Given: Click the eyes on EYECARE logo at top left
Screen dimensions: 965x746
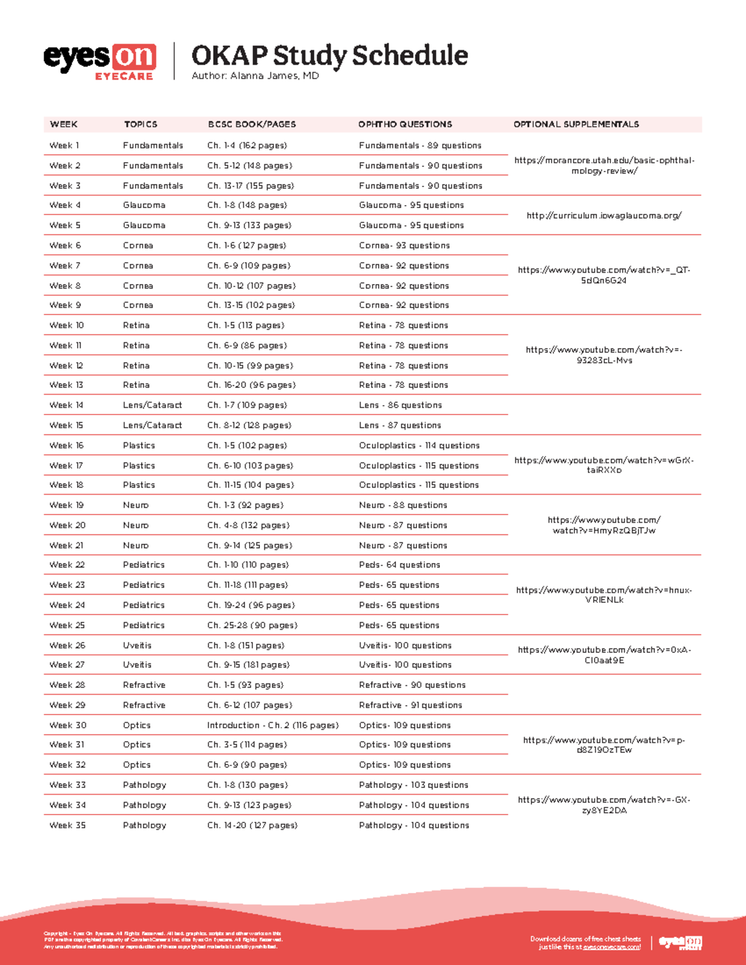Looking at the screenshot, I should click(x=99, y=61).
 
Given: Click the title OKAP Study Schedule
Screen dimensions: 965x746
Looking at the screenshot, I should click(x=329, y=55).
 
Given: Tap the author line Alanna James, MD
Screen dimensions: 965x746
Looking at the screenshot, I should click(x=255, y=76).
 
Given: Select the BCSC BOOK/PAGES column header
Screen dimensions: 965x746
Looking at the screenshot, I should click(x=252, y=124).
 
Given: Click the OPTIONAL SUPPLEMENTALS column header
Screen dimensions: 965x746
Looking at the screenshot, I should click(x=576, y=124).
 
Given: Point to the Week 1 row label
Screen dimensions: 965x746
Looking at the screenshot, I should click(x=64, y=145).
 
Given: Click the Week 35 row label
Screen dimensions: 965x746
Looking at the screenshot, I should click(x=67, y=825).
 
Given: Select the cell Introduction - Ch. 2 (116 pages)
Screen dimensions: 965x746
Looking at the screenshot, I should click(x=272, y=725).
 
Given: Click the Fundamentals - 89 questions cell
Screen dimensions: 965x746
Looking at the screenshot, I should click(x=420, y=145).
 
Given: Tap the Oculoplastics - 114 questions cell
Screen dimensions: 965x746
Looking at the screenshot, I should click(x=419, y=446).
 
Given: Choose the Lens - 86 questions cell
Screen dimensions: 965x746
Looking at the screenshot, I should click(x=400, y=405).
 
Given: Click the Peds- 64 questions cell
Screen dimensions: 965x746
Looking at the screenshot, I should click(x=399, y=565).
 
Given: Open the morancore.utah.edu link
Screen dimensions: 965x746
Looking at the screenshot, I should click(x=604, y=165).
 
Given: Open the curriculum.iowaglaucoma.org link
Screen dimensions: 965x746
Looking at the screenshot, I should click(x=604, y=216).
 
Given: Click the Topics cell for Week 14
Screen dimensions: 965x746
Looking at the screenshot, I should click(x=152, y=405).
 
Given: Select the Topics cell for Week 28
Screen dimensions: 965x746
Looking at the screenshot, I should click(x=144, y=685).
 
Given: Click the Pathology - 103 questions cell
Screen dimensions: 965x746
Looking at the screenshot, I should click(x=413, y=785).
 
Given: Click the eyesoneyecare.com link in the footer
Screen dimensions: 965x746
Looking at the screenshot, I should click(x=611, y=947).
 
